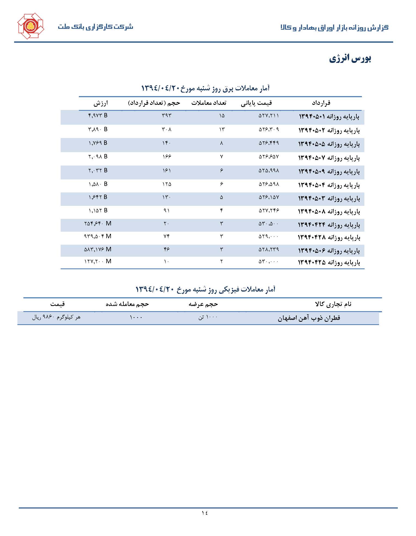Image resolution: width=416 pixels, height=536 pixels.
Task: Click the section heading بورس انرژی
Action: click(350, 59)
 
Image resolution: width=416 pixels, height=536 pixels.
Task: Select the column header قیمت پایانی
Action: click(256, 103)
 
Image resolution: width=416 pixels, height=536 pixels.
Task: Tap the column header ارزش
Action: click(101, 103)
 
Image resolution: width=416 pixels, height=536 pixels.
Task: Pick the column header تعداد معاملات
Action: click(209, 103)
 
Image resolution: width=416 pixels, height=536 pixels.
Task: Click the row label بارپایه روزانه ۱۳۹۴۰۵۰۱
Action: click(329, 117)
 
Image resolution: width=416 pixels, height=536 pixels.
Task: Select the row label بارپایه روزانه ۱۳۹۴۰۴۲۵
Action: click(329, 262)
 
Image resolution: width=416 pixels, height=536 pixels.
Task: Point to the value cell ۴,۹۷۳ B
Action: click(98, 115)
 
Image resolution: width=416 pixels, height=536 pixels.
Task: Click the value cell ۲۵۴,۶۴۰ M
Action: click(98, 223)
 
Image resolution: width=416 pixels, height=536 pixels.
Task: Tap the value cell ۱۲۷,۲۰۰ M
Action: click(98, 261)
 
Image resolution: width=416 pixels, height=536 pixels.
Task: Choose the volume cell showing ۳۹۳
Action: click(166, 115)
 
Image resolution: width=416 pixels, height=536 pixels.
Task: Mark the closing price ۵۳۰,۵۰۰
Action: click(269, 224)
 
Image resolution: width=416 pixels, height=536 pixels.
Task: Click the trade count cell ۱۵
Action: click(222, 116)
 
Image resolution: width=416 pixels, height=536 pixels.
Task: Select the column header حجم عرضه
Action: click(203, 304)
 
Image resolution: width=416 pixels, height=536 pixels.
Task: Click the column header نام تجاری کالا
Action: click(333, 304)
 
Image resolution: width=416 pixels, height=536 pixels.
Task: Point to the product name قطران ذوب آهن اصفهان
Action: click(309, 318)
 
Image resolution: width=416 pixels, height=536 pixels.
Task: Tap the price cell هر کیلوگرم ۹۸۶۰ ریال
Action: click(56, 317)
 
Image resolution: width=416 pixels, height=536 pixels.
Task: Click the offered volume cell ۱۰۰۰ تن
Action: click(208, 317)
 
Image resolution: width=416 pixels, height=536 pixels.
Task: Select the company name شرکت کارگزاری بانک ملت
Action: click(95, 27)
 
